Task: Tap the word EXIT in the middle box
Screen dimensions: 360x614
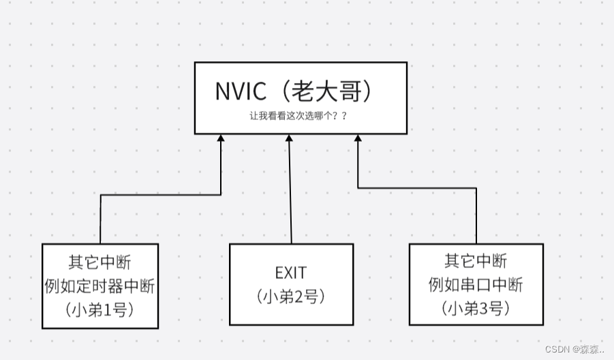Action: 291,273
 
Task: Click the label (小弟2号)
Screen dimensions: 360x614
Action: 291,297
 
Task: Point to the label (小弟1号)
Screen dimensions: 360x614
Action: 100,308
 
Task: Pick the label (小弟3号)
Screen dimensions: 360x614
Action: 476,308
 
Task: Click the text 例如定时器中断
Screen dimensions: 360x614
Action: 100,285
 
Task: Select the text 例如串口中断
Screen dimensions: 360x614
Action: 476,285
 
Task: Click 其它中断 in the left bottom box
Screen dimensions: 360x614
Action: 100,261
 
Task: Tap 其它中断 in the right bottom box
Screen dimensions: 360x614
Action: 476,261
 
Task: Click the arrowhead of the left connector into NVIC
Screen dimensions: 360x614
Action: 221,138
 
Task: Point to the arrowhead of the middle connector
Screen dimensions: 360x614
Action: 289,138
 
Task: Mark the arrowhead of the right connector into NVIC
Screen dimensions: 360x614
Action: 358,138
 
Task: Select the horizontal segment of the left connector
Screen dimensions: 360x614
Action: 160,195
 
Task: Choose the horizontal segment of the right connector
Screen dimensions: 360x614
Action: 417,187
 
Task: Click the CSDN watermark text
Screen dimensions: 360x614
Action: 557,349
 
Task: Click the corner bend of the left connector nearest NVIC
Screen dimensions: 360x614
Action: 221,195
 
